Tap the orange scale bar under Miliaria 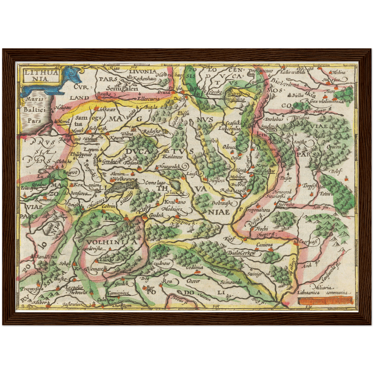[x=325, y=301]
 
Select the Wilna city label [x=127, y=134]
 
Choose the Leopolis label [x=74, y=287]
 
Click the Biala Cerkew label [x=241, y=253]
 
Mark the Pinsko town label [x=112, y=218]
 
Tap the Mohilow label [x=237, y=177]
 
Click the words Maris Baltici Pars [x=35, y=110]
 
